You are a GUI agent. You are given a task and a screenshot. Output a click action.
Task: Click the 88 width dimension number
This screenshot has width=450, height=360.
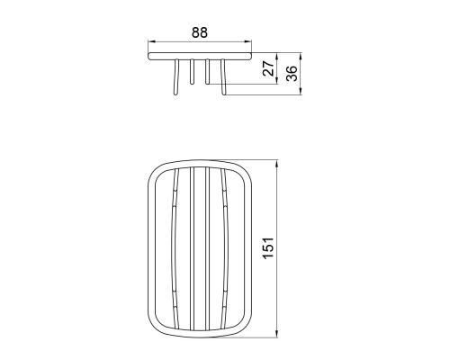pos(200,32)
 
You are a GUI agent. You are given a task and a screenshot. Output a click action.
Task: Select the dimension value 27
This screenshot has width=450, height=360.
pos(268,68)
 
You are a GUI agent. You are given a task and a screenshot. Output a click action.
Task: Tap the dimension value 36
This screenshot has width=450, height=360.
pos(292,74)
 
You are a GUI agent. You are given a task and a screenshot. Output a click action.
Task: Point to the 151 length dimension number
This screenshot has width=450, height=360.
pos(268,247)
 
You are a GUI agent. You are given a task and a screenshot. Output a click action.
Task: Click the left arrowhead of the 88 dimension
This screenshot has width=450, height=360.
pos(151,41)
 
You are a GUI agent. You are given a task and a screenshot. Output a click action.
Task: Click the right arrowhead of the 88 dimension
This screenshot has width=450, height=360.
pos(248,41)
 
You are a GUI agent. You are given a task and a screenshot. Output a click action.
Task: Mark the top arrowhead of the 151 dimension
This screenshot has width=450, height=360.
pos(276,164)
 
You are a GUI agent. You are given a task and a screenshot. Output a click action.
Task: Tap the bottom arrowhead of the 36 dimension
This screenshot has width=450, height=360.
pos(301,92)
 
